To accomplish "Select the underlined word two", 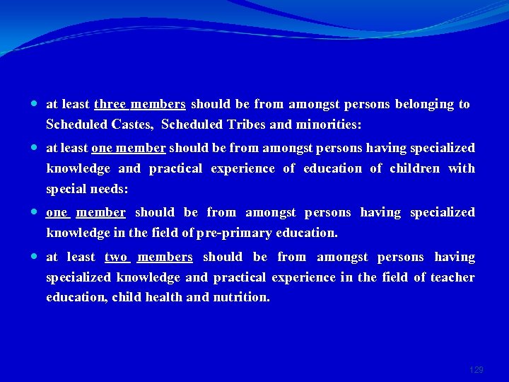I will click(x=116, y=257).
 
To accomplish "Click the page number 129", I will click(x=476, y=370).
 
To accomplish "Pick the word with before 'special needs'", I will click(x=461, y=169).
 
